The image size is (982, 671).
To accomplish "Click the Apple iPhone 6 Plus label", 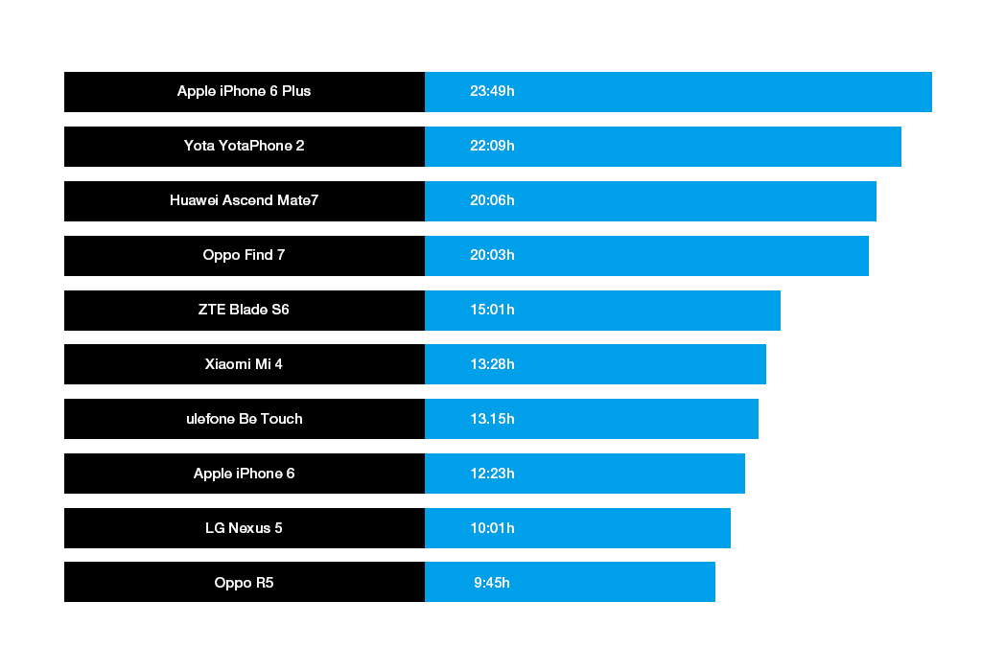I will pos(244,91).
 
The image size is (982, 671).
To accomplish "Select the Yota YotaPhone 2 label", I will pos(244,146).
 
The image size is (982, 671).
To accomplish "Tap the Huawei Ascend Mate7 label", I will pos(244,200).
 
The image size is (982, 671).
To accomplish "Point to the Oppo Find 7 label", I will pos(244,255).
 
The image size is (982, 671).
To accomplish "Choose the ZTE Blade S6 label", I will pos(244,310).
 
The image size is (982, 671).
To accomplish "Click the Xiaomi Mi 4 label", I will pos(244,364).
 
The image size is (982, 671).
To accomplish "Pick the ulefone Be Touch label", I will pos(244,419).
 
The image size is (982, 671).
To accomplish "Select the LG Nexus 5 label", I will pos(244,528).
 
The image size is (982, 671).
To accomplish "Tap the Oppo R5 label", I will pos(244,582).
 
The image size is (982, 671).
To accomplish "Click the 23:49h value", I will pos(492,91).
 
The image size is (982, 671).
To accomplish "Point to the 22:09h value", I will pos(492,146).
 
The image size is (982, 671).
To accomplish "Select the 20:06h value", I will pos(492,200).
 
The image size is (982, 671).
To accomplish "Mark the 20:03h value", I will pos(492,255).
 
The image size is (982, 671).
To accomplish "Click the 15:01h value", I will pos(492,310).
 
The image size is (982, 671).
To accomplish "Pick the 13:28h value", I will pos(492,364).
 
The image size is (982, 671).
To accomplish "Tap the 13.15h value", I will pos(492,419).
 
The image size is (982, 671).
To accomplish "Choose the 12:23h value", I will pos(492,474).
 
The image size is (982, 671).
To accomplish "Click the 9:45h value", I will pos(492,582).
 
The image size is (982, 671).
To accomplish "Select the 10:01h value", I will pos(492,528).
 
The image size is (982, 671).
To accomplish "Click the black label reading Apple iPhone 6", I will pos(244,474).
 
